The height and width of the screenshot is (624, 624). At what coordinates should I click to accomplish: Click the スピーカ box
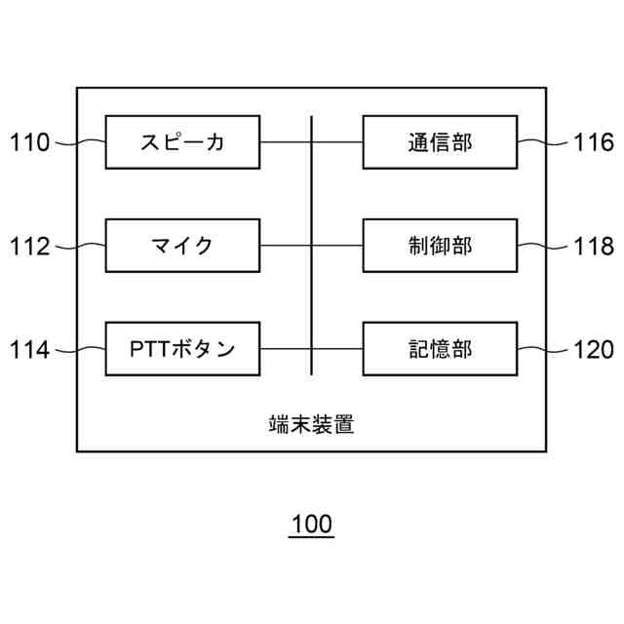tap(182, 142)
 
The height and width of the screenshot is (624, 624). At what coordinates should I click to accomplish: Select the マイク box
tap(182, 245)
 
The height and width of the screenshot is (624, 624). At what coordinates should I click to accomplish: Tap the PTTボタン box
tap(182, 348)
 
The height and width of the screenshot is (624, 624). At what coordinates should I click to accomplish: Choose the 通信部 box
tap(440, 142)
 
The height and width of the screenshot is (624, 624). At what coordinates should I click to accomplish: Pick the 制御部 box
tap(440, 245)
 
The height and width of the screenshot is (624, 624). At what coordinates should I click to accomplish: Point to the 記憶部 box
tap(440, 348)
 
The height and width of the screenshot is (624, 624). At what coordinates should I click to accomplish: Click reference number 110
tap(29, 143)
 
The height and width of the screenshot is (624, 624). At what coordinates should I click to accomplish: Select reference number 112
tap(29, 246)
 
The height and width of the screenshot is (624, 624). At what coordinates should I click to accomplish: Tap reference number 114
tap(29, 349)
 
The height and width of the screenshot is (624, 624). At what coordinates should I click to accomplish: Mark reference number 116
tap(594, 143)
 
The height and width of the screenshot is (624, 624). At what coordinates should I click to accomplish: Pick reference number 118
tap(594, 246)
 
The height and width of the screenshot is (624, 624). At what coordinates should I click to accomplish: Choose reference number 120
tap(594, 349)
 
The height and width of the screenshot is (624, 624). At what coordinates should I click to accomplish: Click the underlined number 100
tap(312, 525)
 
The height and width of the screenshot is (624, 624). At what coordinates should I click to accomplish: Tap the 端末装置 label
tap(311, 424)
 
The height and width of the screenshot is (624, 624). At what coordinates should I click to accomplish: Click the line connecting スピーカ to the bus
tap(286, 142)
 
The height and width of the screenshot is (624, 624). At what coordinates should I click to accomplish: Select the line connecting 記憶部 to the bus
tap(337, 348)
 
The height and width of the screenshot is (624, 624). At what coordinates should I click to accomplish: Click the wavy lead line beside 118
tap(540, 246)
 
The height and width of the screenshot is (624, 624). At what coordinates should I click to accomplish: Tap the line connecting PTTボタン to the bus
tap(286, 348)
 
